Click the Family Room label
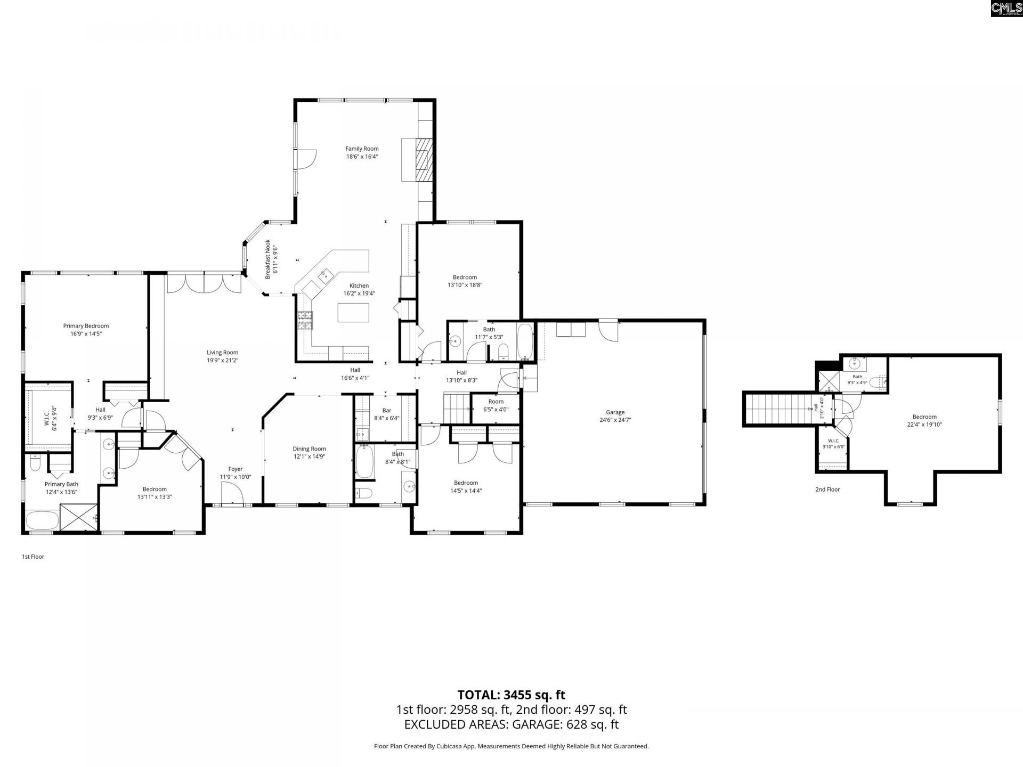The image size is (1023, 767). (362, 149)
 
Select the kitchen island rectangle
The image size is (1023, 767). (353, 312)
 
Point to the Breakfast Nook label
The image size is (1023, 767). (268, 259)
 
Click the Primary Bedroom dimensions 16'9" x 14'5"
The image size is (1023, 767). (86, 334)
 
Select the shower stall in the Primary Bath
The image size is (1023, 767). (79, 517)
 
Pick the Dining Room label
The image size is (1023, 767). (310, 449)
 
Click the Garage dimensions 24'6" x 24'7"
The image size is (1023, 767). (615, 420)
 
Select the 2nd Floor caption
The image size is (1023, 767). (827, 489)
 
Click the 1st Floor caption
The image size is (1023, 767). (33, 557)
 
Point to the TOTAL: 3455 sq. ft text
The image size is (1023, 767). (511, 695)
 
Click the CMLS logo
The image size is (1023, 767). (1006, 9)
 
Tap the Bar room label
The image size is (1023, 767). (387, 411)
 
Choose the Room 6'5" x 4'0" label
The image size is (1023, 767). (496, 405)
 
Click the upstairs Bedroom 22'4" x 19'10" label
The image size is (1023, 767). (924, 421)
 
